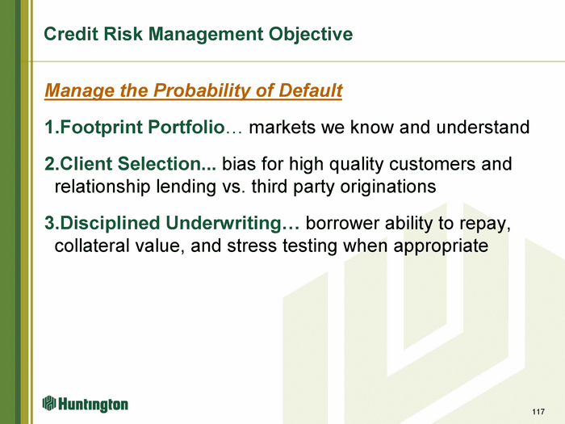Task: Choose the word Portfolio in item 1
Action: pos(186,127)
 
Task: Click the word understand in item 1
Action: pos(483,127)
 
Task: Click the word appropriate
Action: pos(441,246)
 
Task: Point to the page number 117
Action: pos(538,412)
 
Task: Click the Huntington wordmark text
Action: pos(93,405)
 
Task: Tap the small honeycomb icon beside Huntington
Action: pos(49,403)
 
